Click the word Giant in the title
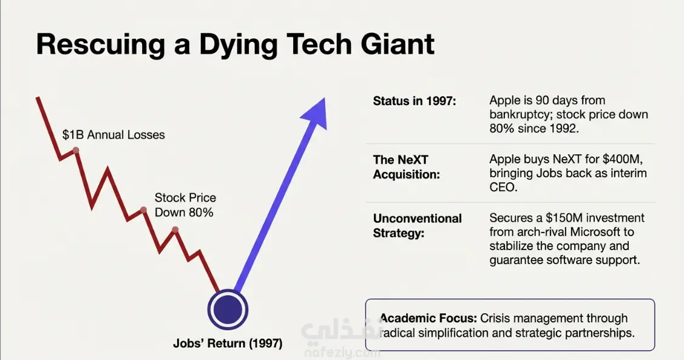tap(398, 44)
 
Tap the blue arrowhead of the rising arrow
tap(316, 114)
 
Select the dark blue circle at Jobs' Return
tap(228, 310)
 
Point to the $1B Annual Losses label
tap(113, 135)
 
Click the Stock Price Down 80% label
tap(185, 205)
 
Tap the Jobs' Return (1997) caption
tap(228, 344)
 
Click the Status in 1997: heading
tap(415, 101)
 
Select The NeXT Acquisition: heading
tap(407, 167)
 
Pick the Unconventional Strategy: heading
tap(418, 226)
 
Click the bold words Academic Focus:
tap(428, 318)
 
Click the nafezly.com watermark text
tap(342, 353)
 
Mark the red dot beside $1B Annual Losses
tap(75, 151)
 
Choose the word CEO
tap(503, 188)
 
